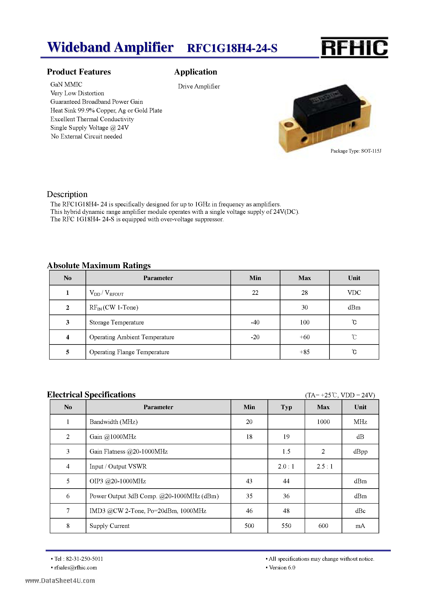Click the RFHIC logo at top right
[354, 48]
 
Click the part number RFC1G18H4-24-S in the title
[232, 48]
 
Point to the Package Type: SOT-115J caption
[356, 151]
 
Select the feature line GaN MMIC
[66, 84]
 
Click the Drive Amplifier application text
[199, 86]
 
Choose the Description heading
[67, 194]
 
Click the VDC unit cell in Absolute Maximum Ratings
[354, 293]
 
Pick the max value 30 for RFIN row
[304, 307]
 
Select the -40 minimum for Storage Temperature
[255, 322]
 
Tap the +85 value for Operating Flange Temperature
[304, 352]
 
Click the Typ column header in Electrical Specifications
[286, 407]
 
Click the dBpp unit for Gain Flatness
[360, 452]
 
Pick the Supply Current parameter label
[109, 526]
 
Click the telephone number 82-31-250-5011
[84, 559]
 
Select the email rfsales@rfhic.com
[76, 568]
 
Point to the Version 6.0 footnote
[282, 568]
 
